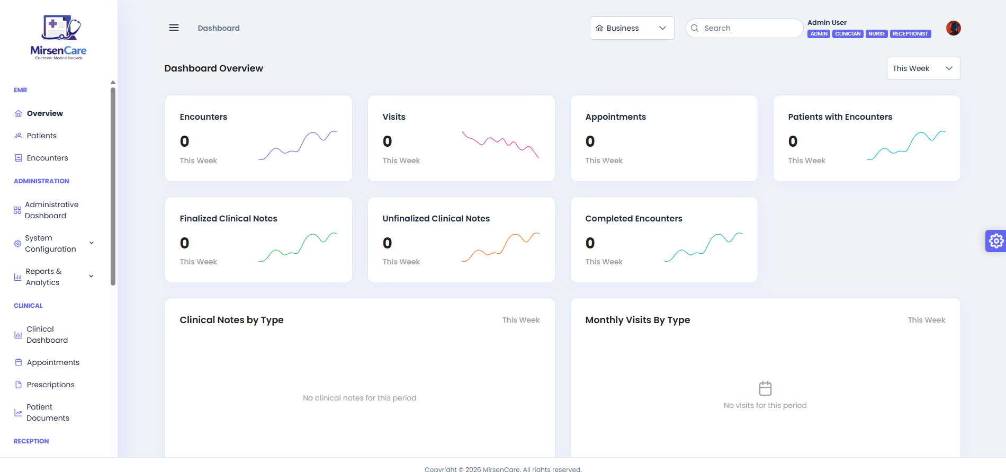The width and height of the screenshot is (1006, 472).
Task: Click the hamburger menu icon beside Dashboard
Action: coord(174,28)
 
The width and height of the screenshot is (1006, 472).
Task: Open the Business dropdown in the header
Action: coord(632,28)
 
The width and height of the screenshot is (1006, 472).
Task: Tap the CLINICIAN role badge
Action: coord(848,34)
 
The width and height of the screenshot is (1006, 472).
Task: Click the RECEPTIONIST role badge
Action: coord(910,34)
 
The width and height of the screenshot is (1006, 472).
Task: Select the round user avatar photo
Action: coord(953,28)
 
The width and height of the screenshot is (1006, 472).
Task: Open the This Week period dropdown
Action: coord(923,68)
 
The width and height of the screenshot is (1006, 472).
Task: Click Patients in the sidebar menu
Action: coord(41,136)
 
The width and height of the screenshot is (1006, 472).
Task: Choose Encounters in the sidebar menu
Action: coord(47,158)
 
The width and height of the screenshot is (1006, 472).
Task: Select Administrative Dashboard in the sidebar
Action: coord(51,210)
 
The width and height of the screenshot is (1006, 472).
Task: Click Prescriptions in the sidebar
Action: coord(50,385)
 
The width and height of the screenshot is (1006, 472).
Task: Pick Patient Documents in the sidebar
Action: coord(47,413)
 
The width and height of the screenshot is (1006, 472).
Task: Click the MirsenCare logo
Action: coord(58,38)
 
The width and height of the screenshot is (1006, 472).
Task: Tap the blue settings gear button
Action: coord(996,241)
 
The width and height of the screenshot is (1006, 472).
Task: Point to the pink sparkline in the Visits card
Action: coord(500,144)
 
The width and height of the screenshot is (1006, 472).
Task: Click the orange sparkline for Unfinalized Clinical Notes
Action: coord(500,247)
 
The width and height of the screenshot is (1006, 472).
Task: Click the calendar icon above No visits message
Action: coord(765,388)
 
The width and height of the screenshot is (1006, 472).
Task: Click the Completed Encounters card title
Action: coord(633,219)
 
